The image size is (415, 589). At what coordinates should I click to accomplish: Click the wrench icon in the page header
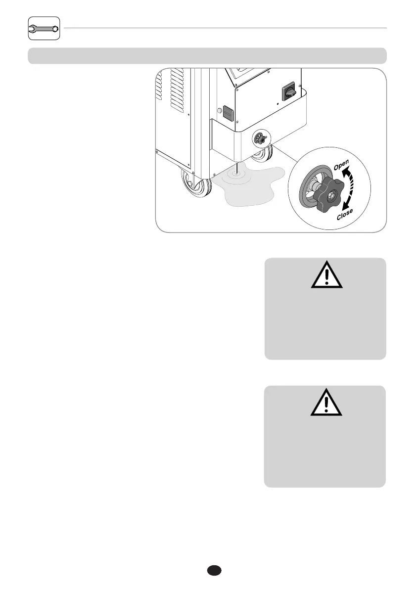[44, 29]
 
